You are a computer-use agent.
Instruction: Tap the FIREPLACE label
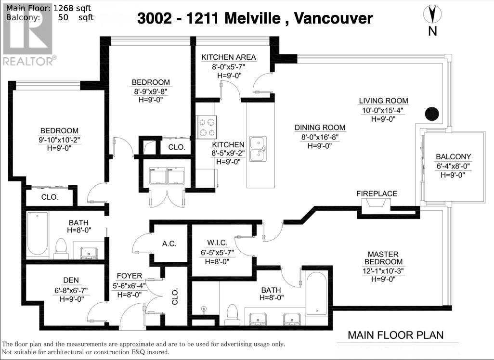pos(377,193)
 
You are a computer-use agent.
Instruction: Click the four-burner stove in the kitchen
pos(207,127)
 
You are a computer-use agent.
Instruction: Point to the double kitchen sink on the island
pos(259,148)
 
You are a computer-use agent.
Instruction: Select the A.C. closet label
pos(169,244)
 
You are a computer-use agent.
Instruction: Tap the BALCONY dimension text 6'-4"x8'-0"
pos(453,166)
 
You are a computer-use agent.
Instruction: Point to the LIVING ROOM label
pos(383,101)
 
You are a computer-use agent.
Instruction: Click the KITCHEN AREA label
pos(228,57)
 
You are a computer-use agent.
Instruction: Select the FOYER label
pos(130,276)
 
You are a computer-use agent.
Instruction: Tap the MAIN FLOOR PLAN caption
pos(395,335)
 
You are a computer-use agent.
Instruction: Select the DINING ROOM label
pos(320,128)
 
